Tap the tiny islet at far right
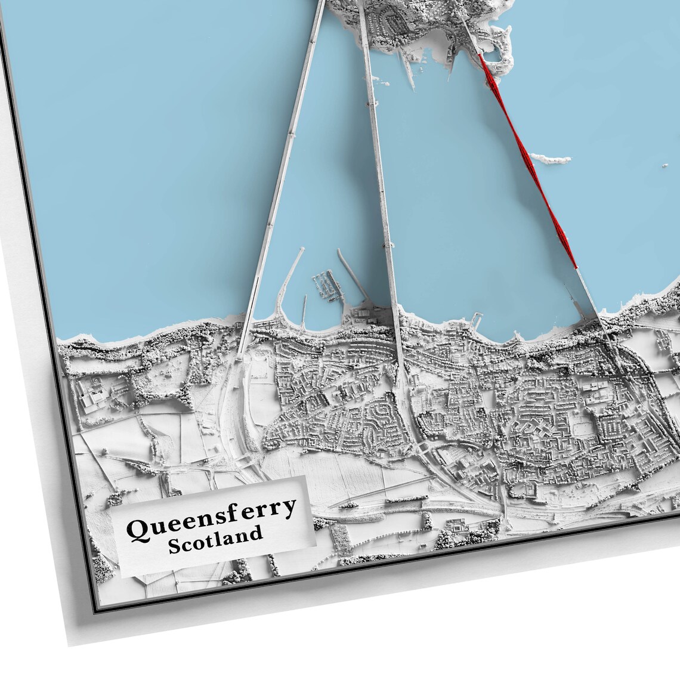664,168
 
